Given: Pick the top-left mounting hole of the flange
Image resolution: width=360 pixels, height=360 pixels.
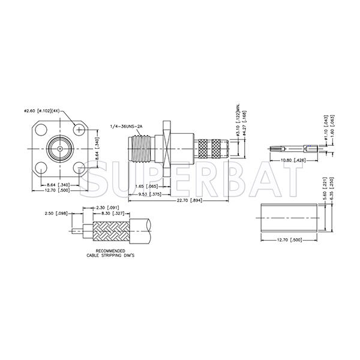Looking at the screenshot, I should [42, 129].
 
